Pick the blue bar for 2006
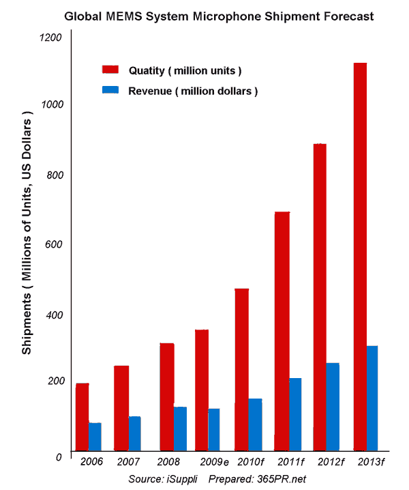(95, 436)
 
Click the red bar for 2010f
(242, 369)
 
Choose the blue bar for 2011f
(294, 414)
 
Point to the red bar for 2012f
(320, 296)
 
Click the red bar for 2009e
(202, 389)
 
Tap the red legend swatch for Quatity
(110, 70)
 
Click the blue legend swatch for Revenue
(110, 90)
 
